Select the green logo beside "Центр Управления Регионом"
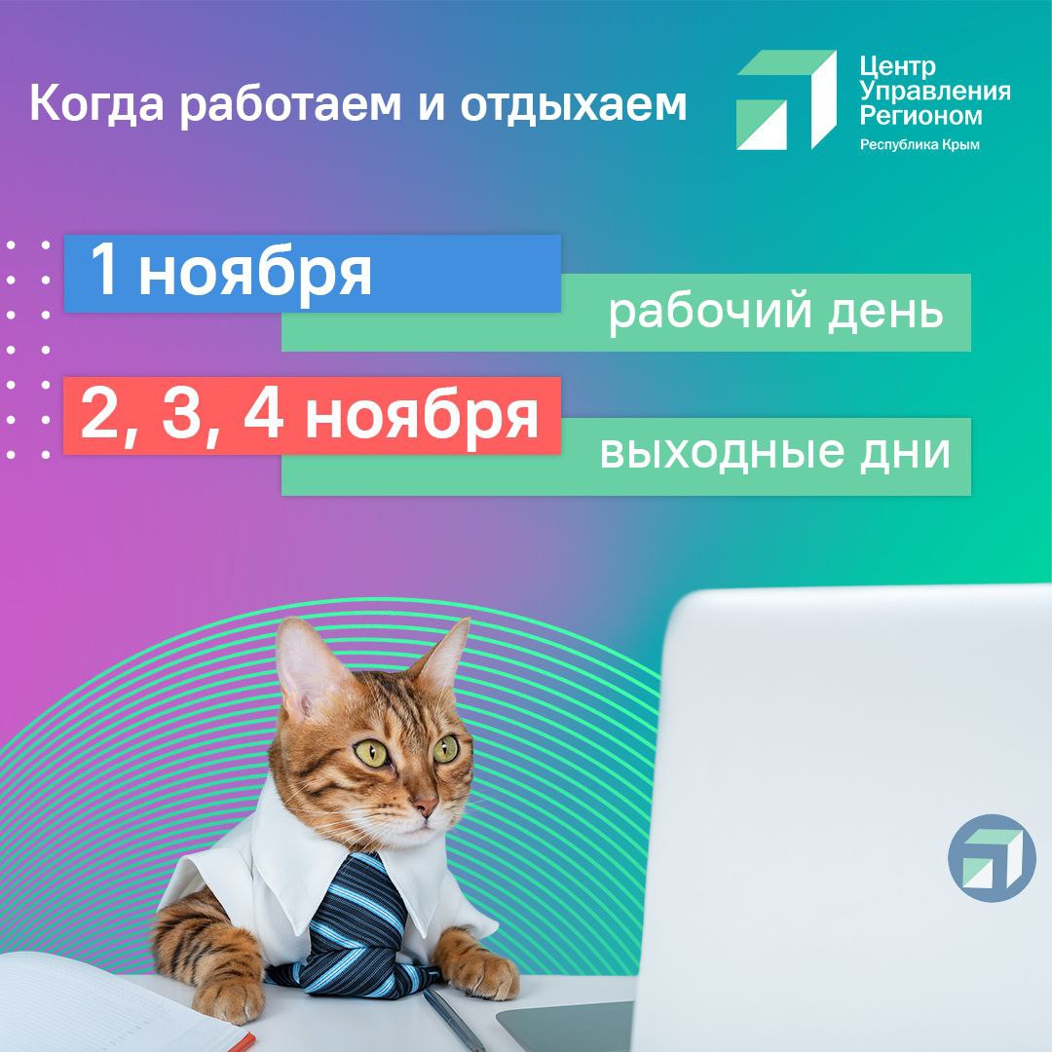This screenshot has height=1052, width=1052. (786, 99)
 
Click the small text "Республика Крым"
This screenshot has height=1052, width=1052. (919, 144)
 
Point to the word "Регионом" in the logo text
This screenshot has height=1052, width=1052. (920, 115)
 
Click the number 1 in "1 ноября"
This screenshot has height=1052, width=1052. (104, 273)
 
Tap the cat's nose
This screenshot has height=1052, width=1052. (425, 808)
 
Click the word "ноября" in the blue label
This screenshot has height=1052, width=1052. (255, 275)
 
